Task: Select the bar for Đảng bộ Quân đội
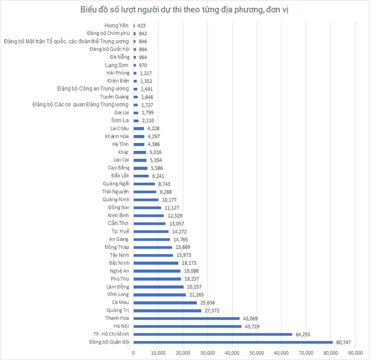point(233,342)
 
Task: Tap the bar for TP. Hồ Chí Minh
point(213,334)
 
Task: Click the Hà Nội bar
point(187,326)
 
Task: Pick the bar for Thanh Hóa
point(187,319)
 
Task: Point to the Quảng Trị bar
point(167,310)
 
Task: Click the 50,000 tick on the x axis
point(257,353)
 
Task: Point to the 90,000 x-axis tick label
point(355,353)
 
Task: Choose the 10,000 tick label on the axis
point(158,353)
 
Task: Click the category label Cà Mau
point(121,302)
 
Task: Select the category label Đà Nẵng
point(119,57)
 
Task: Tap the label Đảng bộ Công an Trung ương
point(93,89)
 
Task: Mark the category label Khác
point(124,152)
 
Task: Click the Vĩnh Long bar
point(160,295)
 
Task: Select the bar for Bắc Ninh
point(156,263)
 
